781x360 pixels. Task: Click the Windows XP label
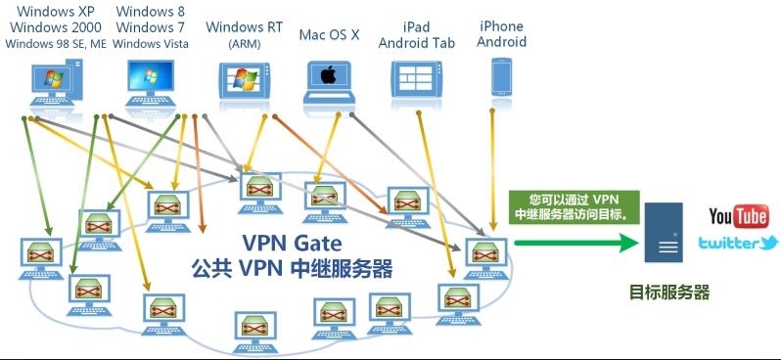click(57, 11)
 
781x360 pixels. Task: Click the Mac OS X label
click(329, 34)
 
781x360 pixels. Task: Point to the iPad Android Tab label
click(421, 34)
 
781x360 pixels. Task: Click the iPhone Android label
click(501, 34)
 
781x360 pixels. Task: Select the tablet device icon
click(418, 80)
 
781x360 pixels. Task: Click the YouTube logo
click(738, 216)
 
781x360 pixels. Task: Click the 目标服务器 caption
click(668, 292)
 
